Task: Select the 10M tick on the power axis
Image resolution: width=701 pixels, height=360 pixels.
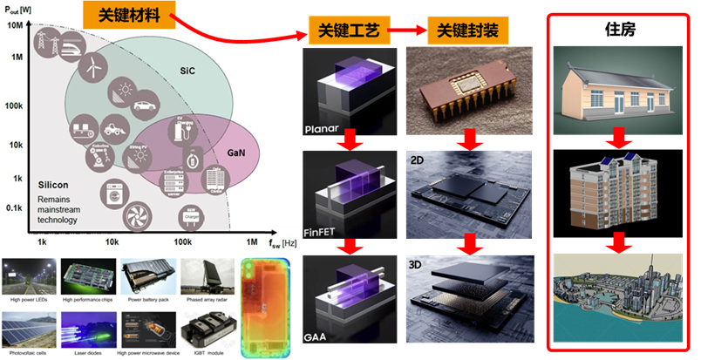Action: tap(14, 25)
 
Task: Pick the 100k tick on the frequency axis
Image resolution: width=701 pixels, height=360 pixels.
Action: tap(182, 241)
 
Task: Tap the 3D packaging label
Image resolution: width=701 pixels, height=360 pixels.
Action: tap(418, 261)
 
